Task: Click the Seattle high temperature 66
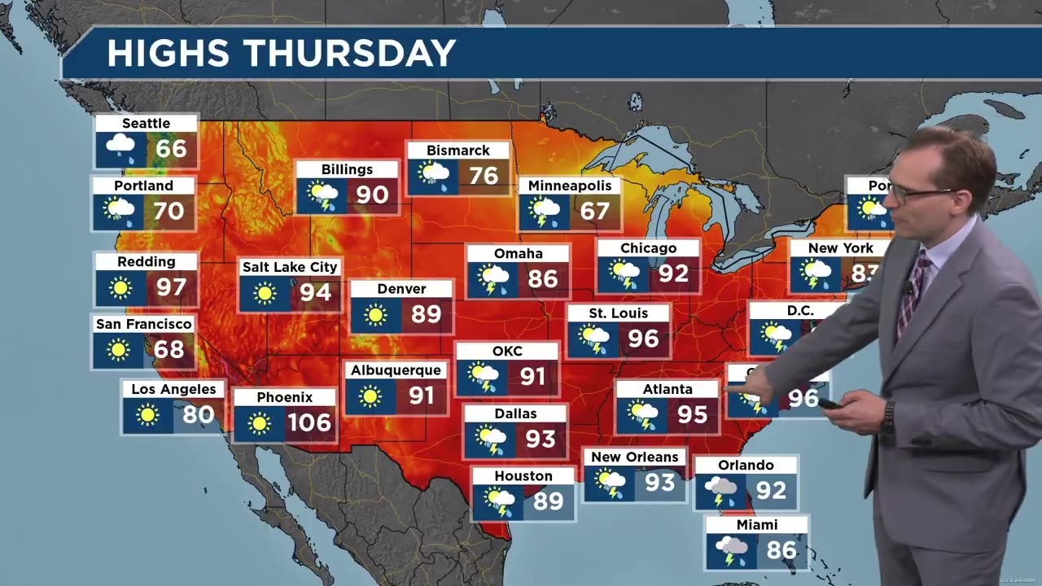[172, 149]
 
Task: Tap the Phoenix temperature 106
[309, 422]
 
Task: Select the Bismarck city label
[458, 151]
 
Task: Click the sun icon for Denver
[375, 315]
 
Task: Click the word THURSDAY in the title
[352, 54]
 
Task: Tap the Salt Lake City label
[289, 267]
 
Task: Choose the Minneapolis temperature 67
[595, 212]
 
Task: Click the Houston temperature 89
[548, 501]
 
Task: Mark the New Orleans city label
[634, 457]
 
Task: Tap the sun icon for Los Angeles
[147, 415]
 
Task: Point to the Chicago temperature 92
[673, 273]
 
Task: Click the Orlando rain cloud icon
[720, 490]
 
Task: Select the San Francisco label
[144, 324]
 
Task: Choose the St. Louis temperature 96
[643, 339]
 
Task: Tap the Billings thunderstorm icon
[322, 197]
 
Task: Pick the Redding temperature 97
[172, 287]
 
